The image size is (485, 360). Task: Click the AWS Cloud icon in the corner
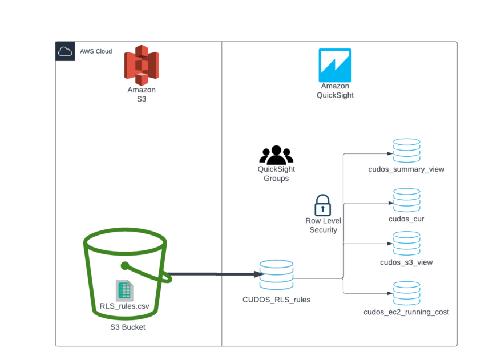coord(65,51)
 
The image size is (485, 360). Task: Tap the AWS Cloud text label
coord(96,51)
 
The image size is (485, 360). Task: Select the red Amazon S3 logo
coord(142,65)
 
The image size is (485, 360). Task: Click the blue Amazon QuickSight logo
coord(335,65)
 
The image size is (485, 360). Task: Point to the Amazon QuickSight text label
coord(335,91)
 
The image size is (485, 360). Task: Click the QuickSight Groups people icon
coord(276,155)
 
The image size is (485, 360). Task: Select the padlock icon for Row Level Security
coord(323,205)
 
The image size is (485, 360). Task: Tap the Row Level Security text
coord(323,225)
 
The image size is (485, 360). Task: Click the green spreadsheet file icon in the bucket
coord(124,290)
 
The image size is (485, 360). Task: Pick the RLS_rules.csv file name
coord(124,306)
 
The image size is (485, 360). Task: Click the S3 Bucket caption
coord(128,327)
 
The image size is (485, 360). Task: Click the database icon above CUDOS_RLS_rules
coord(276,274)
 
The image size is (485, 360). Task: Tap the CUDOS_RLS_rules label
coord(276,299)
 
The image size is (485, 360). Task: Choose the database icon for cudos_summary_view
coord(406,151)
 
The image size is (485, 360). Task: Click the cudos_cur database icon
coord(406,200)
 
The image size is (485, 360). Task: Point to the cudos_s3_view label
coord(406,262)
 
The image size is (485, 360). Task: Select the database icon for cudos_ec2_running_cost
coord(406,293)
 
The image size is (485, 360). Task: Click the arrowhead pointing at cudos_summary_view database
coord(389,153)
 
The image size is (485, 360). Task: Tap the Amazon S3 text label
coord(142,95)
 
